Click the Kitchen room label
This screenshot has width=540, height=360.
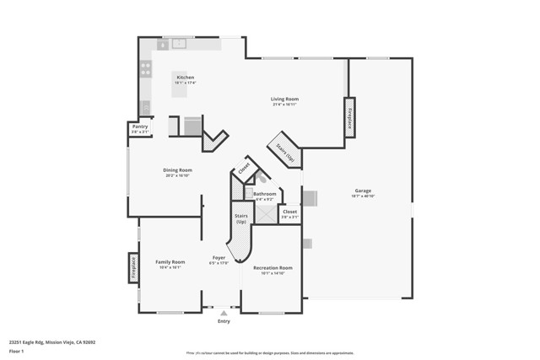(184, 78)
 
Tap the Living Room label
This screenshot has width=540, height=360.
(284, 99)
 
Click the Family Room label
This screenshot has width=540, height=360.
(170, 261)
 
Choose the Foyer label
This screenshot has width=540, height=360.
(219, 257)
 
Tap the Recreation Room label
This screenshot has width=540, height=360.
(273, 267)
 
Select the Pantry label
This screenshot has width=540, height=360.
(139, 127)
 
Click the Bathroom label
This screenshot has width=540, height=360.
(265, 194)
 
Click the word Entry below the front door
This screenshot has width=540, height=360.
(224, 321)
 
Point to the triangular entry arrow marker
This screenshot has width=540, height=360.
(224, 313)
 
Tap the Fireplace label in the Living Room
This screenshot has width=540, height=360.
(349, 117)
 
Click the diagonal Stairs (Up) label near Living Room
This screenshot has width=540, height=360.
(284, 152)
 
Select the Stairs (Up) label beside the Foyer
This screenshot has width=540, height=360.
(241, 218)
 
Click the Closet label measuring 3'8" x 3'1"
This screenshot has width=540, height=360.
(289, 212)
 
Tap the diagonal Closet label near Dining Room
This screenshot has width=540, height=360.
(244, 169)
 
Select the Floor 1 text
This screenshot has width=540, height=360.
(17, 350)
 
